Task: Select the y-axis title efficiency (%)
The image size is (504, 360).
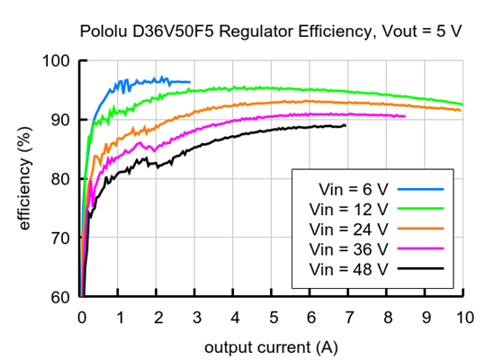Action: tap(25, 179)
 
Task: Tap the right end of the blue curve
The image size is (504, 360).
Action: tap(190, 82)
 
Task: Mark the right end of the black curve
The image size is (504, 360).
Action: tap(345, 126)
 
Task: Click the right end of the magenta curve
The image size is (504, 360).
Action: tap(405, 116)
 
